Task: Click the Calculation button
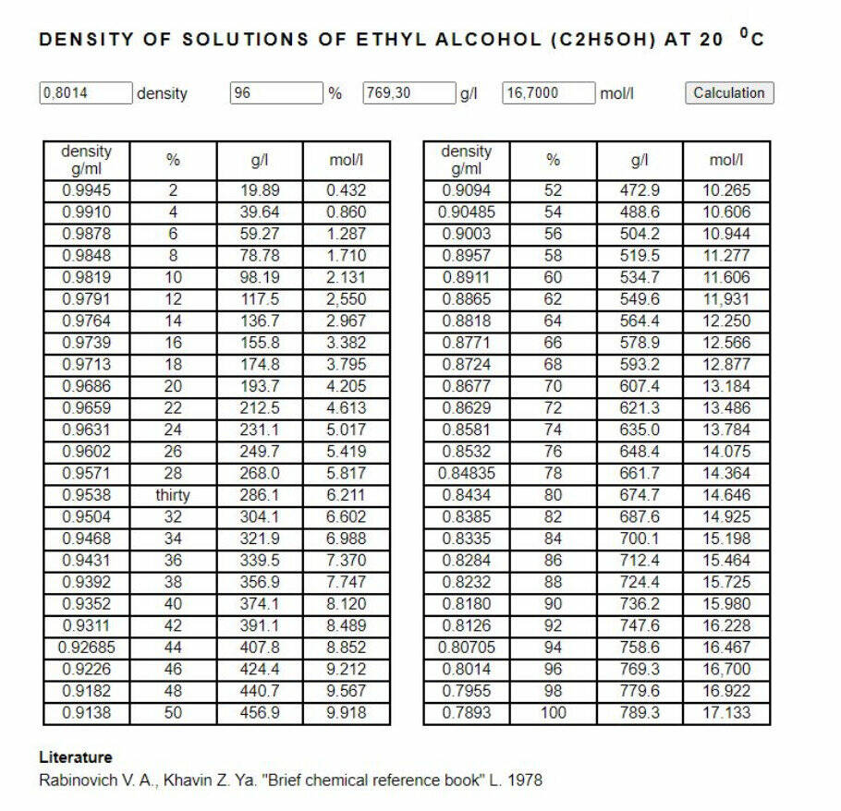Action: point(729,92)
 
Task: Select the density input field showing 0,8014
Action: point(85,92)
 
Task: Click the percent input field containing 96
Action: point(275,92)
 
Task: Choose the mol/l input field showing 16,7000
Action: point(548,92)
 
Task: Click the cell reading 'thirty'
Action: point(173,495)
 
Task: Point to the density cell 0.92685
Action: point(86,648)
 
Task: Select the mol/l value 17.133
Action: point(725,712)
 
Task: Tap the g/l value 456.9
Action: point(259,712)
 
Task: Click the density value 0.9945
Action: point(86,190)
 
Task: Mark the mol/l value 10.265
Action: point(725,190)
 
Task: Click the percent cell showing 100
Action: point(553,712)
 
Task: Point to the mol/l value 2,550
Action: point(346,299)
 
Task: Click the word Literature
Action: point(76,757)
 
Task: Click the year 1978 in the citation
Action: point(524,780)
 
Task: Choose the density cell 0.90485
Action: point(466,212)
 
